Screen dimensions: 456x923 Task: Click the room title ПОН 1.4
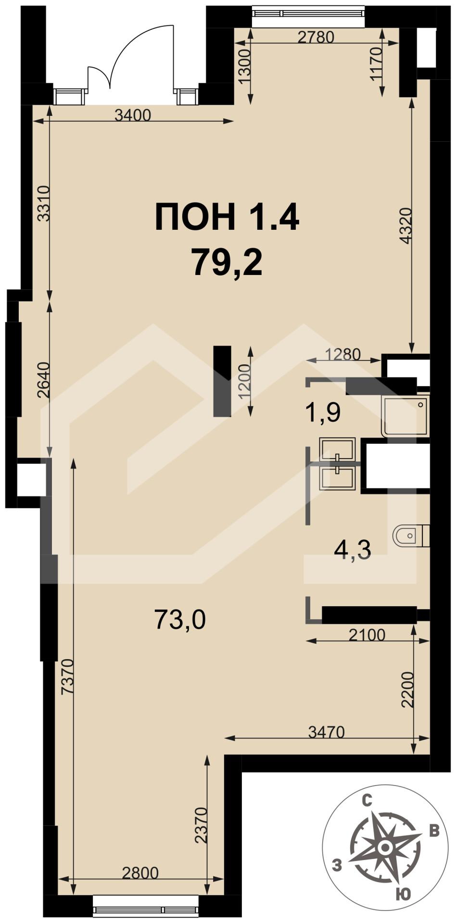click(227, 217)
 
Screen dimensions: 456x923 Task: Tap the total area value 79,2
click(227, 262)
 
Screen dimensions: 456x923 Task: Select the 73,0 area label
click(180, 619)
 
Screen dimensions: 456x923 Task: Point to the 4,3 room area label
click(353, 549)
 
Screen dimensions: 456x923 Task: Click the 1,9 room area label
click(323, 412)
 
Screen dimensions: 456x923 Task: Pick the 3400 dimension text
click(133, 115)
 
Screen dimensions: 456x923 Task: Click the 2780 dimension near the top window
click(316, 37)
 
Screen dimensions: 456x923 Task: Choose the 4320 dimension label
click(405, 225)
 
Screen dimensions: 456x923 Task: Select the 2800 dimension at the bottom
click(140, 873)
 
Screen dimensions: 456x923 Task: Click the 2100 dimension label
click(367, 635)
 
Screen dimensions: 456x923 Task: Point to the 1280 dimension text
click(343, 354)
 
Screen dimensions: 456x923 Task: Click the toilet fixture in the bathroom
click(411, 536)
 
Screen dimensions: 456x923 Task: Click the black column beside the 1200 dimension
click(222, 381)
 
